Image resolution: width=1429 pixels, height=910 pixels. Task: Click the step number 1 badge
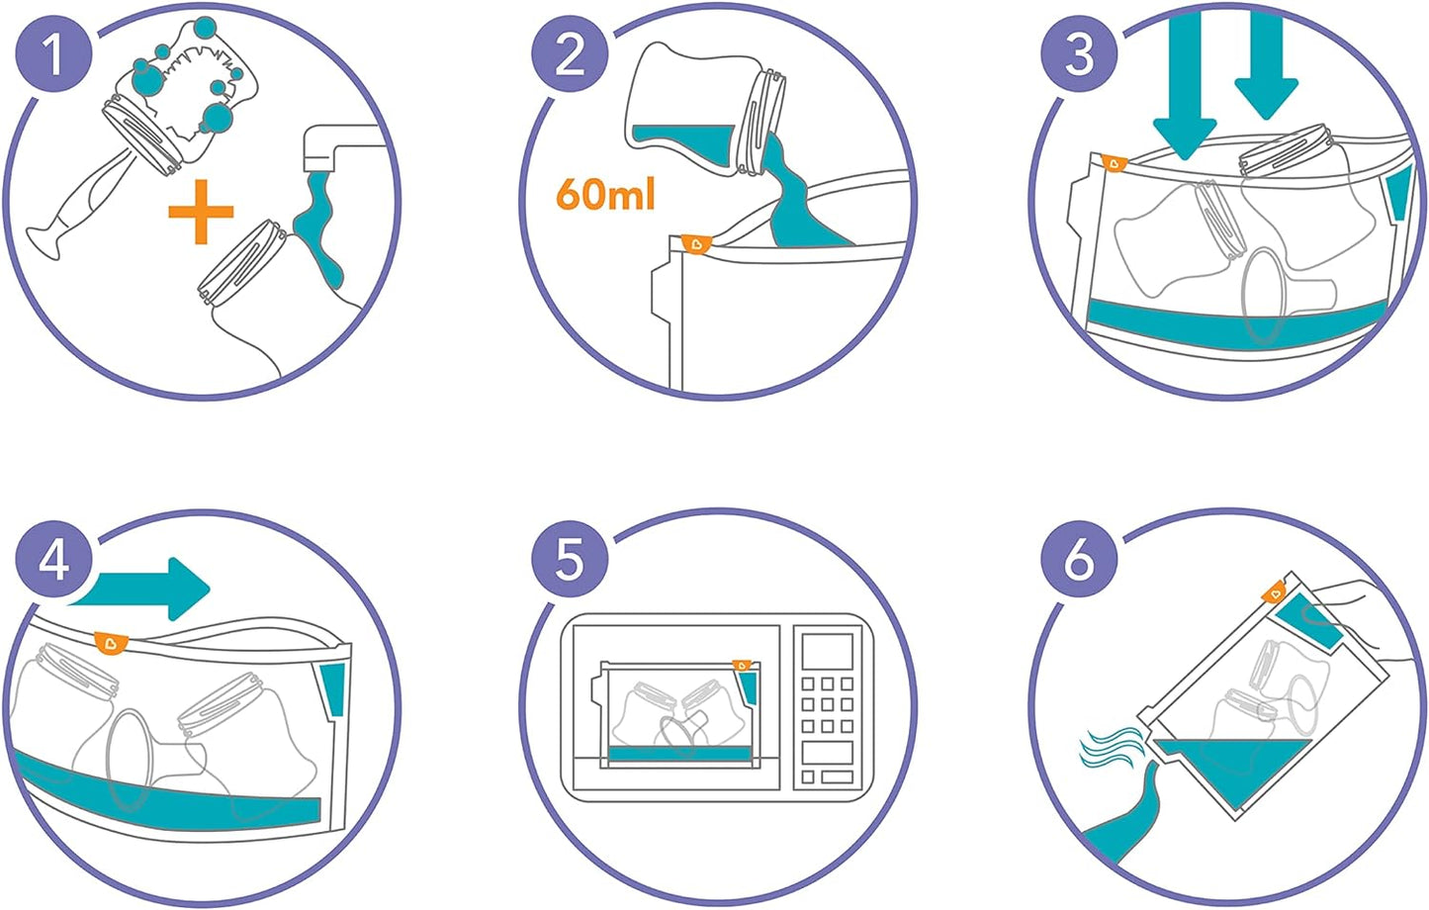point(54,53)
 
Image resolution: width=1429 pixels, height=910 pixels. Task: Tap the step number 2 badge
point(570,53)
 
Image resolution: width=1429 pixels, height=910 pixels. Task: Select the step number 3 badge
point(1079,53)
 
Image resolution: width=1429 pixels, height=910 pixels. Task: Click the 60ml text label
point(605,194)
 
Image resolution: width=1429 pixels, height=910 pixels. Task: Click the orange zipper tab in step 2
point(696,242)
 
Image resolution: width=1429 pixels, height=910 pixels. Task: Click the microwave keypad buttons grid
point(827,704)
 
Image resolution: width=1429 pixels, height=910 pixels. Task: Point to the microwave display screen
point(827,652)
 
